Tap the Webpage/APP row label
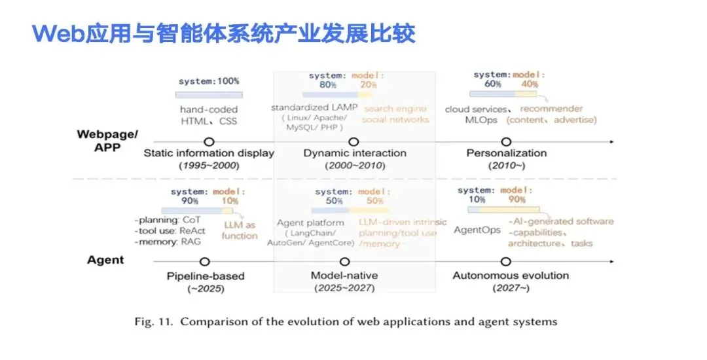tap(107, 141)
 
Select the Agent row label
tap(105, 260)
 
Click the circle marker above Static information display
tap(209, 141)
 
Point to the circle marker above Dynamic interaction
tap(354, 141)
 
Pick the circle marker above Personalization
tap(506, 141)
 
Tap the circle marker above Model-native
tap(344, 261)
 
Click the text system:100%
tap(209, 81)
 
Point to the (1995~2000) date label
tap(209, 166)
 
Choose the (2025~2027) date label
tap(344, 287)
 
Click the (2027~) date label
tap(511, 287)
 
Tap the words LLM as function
tap(240, 230)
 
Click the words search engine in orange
tap(395, 109)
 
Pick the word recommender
tap(551, 109)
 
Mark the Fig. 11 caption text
tap(346, 321)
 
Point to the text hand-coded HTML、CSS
tap(209, 115)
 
